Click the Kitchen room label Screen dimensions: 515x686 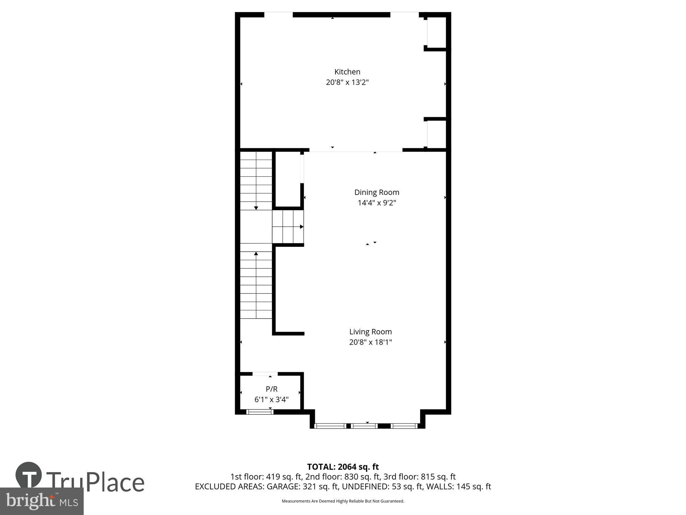click(x=347, y=72)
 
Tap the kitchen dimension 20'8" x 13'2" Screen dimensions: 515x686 click(x=347, y=82)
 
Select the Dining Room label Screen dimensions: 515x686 click(x=377, y=192)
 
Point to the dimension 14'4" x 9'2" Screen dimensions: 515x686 click(x=377, y=203)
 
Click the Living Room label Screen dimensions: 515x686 click(x=370, y=332)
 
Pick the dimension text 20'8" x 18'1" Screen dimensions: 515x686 click(x=370, y=342)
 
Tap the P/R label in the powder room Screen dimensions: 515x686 click(x=271, y=389)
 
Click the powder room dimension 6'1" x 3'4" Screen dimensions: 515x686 click(x=271, y=400)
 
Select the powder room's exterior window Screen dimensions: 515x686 click(x=260, y=412)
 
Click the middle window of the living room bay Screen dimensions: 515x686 click(x=365, y=426)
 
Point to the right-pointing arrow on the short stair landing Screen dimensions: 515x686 click(x=301, y=227)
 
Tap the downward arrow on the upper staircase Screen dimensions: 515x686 click(x=256, y=208)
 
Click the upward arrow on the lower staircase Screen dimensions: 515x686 click(x=256, y=254)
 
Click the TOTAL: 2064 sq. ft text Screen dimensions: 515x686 click(x=343, y=467)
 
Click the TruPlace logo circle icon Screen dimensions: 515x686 click(x=29, y=475)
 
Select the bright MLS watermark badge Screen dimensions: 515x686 click(x=42, y=501)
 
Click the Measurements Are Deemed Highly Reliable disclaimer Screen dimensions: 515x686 click(x=343, y=501)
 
